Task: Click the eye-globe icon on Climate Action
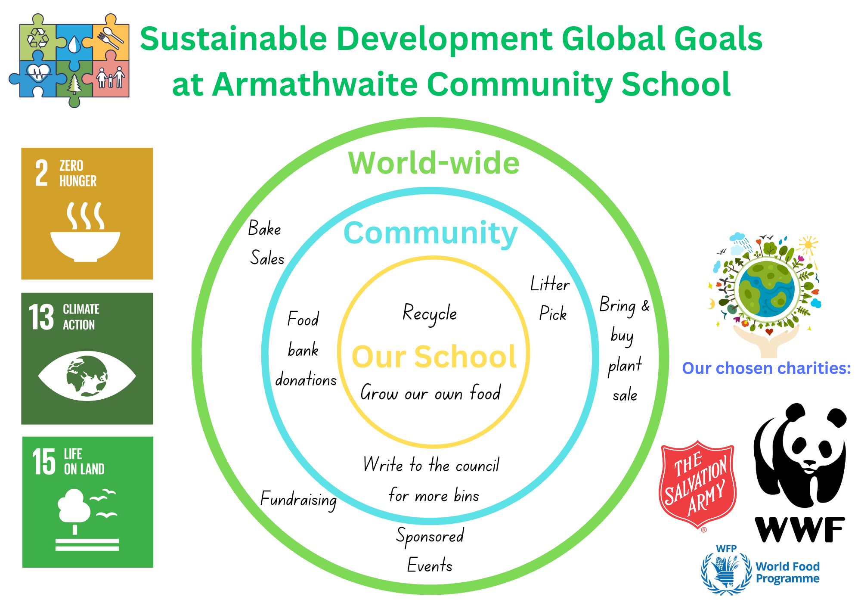(87, 376)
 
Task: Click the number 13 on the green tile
(41, 317)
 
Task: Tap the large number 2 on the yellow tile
(41, 173)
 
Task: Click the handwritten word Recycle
(430, 314)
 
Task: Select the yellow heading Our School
(434, 357)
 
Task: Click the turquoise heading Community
(430, 233)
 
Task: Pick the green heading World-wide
(434, 163)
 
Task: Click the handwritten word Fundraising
(299, 500)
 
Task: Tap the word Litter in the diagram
(550, 284)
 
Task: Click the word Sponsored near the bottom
(430, 537)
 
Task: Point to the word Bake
(264, 228)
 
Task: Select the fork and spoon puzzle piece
(110, 38)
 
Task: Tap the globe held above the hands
(767, 289)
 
